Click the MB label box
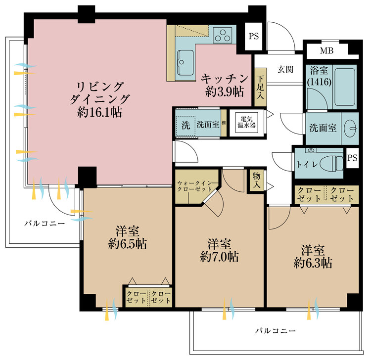pyautogui.click(x=326, y=51)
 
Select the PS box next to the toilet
pyautogui.click(x=352, y=158)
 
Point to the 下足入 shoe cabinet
pyautogui.click(x=260, y=90)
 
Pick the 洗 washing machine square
pyautogui.click(x=185, y=125)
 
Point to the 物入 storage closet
pyautogui.click(x=256, y=180)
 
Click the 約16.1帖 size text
pyautogui.click(x=100, y=112)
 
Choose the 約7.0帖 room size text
pyautogui.click(x=220, y=257)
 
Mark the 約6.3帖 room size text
pyautogui.click(x=312, y=263)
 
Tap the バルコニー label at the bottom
pyautogui.click(x=276, y=330)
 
